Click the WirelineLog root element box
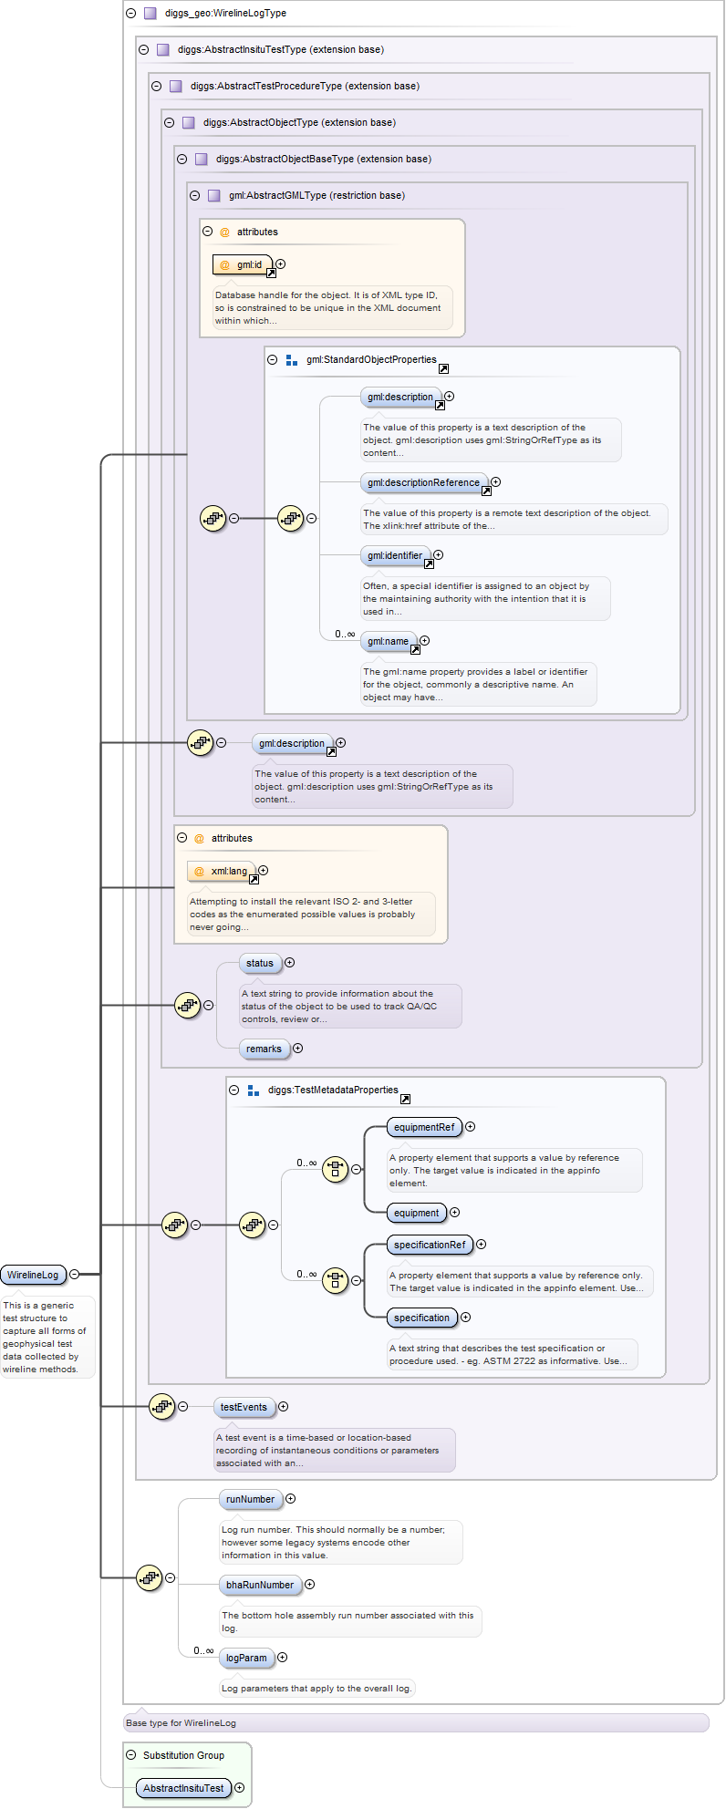pos(33,1275)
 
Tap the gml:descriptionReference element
pos(423,482)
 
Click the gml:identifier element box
pos(395,555)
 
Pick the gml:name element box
pos(388,641)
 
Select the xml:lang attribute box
pos(222,872)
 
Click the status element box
pos(260,963)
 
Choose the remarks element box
pos(264,1049)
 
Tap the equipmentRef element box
pos(423,1127)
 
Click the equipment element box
pos(416,1213)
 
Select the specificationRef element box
pos(429,1245)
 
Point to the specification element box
pos(421,1318)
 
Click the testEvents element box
pos(244,1407)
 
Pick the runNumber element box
pos(250,1499)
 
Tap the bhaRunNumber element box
pos(260,1585)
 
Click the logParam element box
pos(246,1658)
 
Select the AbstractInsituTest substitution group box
pos(183,1788)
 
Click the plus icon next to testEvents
pos(283,1407)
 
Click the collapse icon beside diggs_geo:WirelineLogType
pos(131,14)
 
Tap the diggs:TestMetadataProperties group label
pos(333,1090)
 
